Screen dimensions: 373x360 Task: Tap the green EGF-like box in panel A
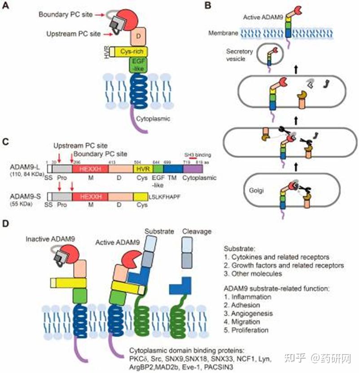[137, 66]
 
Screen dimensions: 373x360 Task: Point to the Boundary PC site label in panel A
[71, 14]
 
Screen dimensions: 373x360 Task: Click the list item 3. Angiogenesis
[248, 313]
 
